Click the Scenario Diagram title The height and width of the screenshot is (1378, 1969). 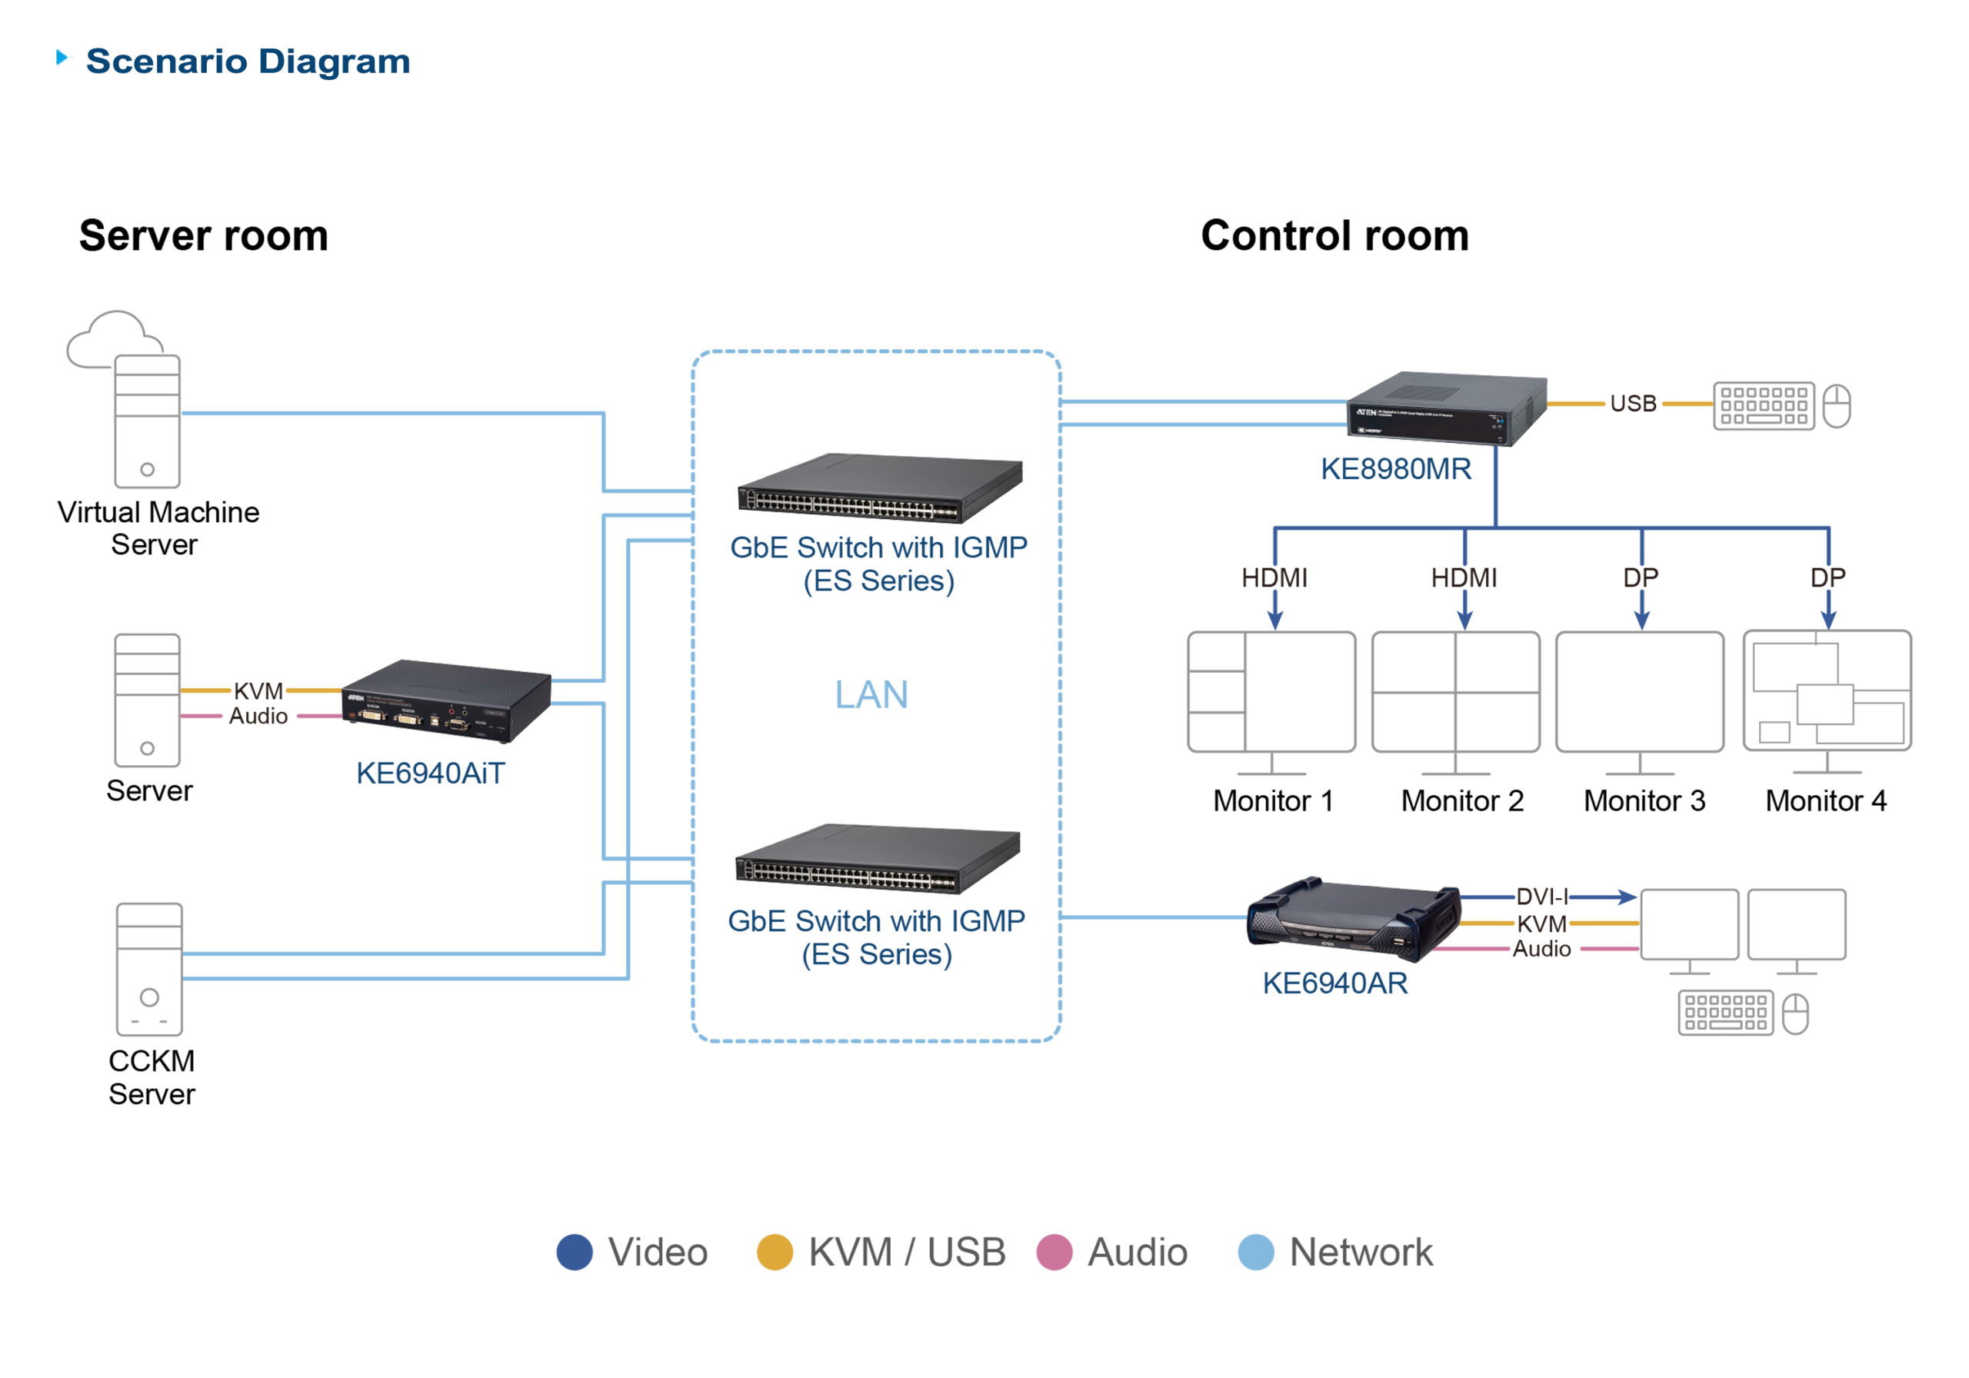coord(247,62)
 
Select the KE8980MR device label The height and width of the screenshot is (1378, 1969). coord(1395,469)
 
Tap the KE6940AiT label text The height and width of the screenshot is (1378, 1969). coord(430,774)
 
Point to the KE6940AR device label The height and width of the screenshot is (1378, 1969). coord(1334,984)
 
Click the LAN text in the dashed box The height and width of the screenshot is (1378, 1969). coord(871,694)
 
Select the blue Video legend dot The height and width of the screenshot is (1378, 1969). coord(574,1252)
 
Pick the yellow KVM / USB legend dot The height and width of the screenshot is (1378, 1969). coord(774,1252)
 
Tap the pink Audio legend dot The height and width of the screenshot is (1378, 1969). coord(1054,1252)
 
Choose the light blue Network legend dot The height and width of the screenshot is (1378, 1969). coord(1255,1252)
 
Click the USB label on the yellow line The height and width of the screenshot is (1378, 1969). coord(1632,403)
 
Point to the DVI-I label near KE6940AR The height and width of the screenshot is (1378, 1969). coord(1541,897)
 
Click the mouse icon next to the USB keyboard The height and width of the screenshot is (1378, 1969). coord(1836,405)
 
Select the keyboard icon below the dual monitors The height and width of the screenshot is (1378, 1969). coord(1725,1013)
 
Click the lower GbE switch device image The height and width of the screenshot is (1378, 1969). coord(877,859)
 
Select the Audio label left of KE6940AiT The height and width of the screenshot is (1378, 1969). coord(257,716)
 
